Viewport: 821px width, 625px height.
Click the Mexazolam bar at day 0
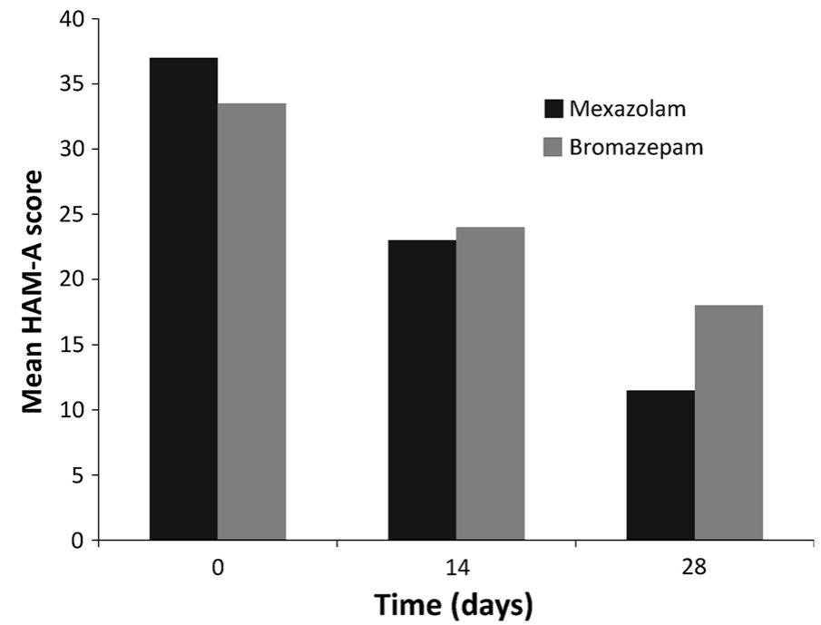[x=183, y=299]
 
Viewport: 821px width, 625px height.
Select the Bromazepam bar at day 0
[x=251, y=322]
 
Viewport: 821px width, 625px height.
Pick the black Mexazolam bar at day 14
[x=422, y=390]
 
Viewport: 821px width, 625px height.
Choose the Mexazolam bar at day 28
[x=660, y=465]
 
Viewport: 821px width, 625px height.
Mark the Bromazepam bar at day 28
[x=728, y=423]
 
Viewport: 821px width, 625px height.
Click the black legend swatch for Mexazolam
[x=553, y=109]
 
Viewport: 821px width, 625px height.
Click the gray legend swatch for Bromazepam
[x=553, y=147]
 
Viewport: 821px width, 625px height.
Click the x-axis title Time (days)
[x=456, y=603]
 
